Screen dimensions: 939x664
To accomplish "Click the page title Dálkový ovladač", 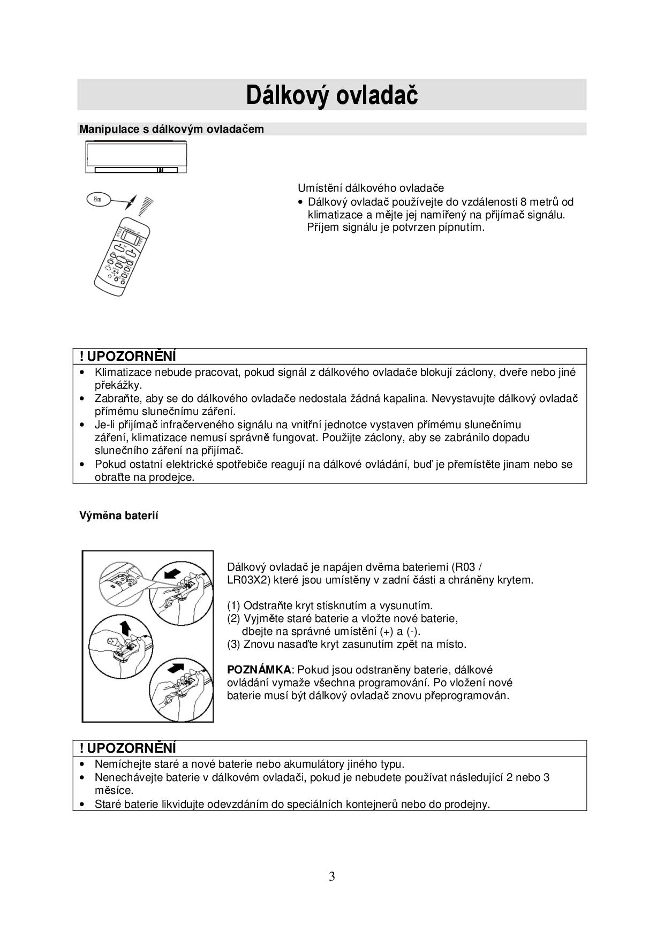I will click(331, 95).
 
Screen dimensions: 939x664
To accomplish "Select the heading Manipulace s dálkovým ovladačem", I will click(171, 129).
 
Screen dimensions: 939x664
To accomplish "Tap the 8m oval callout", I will click(98, 199).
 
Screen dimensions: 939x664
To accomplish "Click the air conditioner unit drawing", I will click(136, 157).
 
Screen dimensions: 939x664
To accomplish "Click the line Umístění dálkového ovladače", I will click(371, 188).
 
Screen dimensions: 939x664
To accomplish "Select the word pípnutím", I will click(462, 227).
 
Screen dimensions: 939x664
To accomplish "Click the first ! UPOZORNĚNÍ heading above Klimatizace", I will click(127, 357).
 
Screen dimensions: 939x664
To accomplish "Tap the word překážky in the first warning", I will click(118, 385).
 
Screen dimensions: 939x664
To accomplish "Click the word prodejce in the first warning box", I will click(171, 477).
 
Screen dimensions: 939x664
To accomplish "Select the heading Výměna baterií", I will click(119, 516).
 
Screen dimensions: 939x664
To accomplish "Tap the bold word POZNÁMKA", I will click(259, 670).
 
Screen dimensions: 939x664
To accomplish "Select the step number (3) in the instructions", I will click(234, 644).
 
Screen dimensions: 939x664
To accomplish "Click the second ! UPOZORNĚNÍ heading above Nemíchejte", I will click(127, 748).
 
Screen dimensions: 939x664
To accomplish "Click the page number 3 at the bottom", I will click(332, 876).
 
